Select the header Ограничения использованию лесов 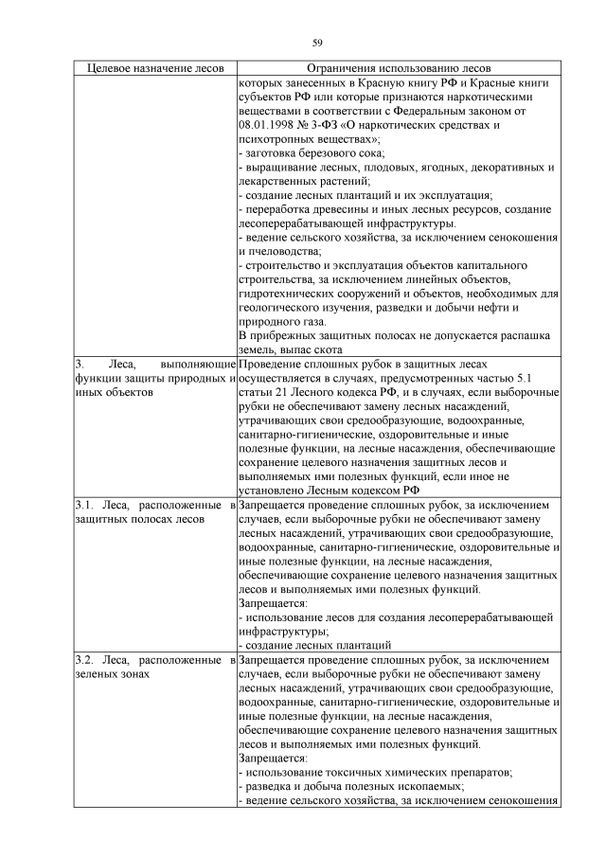click(399, 69)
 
